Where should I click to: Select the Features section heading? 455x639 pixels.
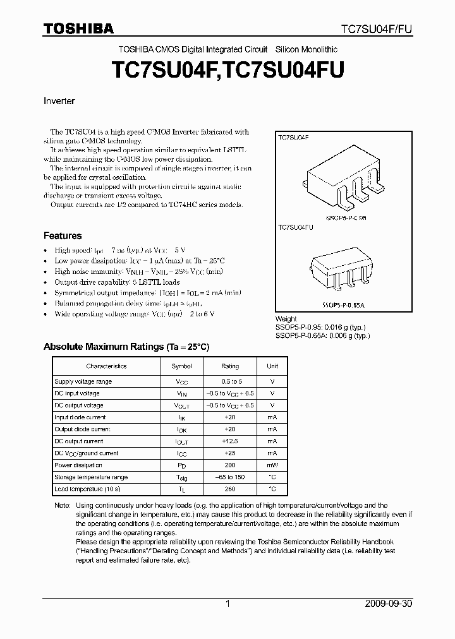(x=62, y=236)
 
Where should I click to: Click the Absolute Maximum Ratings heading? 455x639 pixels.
(x=126, y=347)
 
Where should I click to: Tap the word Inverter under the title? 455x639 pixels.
(x=59, y=101)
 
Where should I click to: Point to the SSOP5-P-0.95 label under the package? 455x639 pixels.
(x=346, y=217)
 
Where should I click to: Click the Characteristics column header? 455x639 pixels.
(x=106, y=366)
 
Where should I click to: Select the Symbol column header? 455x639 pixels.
(x=181, y=366)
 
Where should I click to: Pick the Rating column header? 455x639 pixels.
(x=230, y=366)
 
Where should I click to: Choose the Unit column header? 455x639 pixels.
(x=272, y=366)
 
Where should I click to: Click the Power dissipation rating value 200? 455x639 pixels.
(x=230, y=465)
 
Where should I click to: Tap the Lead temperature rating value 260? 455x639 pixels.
(x=230, y=489)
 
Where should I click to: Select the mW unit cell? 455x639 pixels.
(x=272, y=465)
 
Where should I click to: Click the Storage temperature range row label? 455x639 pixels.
(x=91, y=477)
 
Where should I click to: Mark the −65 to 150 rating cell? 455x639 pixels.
(x=230, y=477)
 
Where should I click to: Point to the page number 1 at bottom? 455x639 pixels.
(x=227, y=604)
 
